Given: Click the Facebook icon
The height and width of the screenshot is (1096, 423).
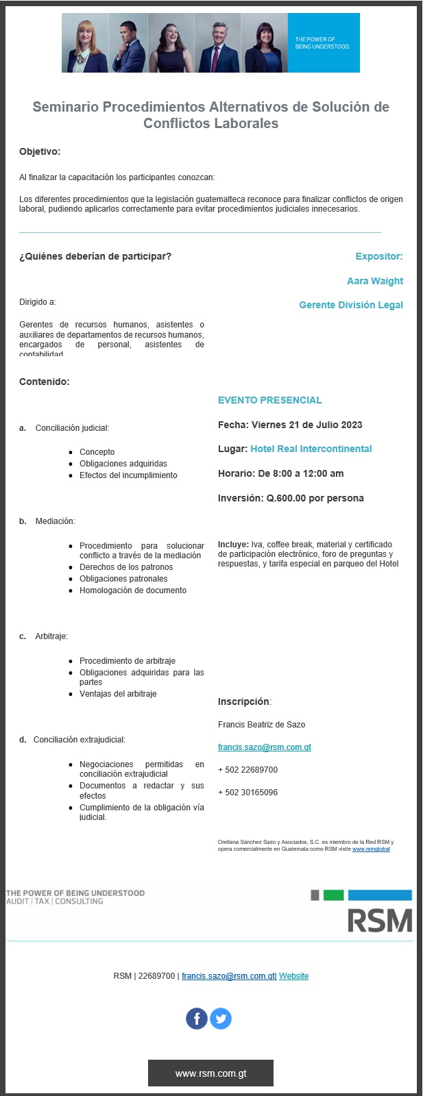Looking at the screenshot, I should click(x=197, y=1019).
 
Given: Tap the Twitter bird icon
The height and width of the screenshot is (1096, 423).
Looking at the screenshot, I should click(x=221, y=1019).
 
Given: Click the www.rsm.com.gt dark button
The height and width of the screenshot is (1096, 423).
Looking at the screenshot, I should click(x=210, y=1073).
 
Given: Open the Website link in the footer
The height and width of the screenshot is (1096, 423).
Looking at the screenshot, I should click(x=293, y=976).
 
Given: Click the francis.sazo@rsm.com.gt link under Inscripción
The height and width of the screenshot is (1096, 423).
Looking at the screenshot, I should click(x=264, y=747).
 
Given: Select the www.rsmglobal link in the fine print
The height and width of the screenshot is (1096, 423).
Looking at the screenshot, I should click(x=371, y=849).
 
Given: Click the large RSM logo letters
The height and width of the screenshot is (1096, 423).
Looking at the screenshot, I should click(x=379, y=921).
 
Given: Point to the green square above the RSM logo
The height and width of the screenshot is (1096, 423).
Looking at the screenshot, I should click(x=333, y=895).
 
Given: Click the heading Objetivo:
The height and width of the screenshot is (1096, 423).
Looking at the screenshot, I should click(x=40, y=152).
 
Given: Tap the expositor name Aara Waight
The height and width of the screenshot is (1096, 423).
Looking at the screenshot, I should click(x=374, y=281).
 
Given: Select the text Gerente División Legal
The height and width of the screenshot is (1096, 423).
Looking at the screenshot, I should click(x=350, y=305).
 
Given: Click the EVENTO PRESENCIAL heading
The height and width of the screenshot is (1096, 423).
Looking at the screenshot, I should click(x=269, y=400).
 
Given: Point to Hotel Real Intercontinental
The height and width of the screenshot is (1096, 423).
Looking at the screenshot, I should click(x=311, y=449).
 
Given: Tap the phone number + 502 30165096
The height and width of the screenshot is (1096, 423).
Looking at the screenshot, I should click(x=247, y=793).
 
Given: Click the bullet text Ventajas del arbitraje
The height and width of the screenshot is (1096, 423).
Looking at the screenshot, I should click(x=118, y=694).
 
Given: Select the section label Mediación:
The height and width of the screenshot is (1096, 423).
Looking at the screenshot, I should click(x=55, y=521).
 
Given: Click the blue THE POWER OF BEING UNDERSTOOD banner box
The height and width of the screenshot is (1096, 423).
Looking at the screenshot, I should click(x=323, y=42).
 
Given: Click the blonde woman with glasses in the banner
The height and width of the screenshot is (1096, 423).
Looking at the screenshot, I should click(x=87, y=42).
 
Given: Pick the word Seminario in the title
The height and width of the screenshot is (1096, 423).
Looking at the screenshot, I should click(x=65, y=107).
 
